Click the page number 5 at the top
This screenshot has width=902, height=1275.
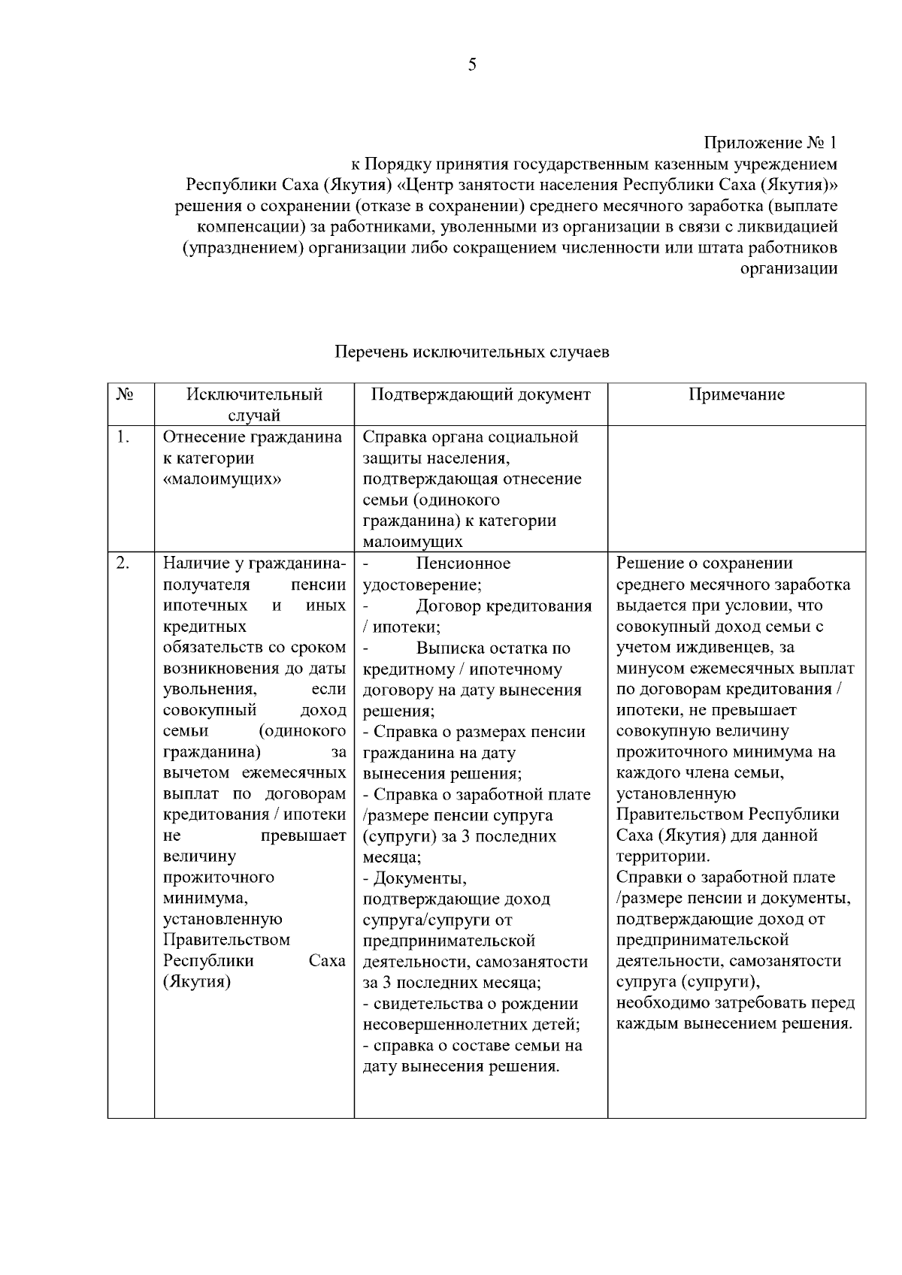472,65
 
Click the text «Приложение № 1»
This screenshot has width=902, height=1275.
770,143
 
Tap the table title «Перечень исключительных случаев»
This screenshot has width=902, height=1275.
471,352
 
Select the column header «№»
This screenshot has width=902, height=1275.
126,395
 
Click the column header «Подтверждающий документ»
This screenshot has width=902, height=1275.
481,395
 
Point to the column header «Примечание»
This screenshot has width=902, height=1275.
737,395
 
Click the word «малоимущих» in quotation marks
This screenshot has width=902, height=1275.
222,479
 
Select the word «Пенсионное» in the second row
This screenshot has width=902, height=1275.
463,563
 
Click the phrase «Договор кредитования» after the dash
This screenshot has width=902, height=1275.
504,606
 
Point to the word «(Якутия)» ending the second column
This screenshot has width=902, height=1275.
197,982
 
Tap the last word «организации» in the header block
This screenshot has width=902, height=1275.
788,268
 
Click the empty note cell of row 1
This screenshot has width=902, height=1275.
737,488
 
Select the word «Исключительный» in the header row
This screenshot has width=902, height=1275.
255,395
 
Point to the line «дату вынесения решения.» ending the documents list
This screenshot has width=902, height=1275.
461,1066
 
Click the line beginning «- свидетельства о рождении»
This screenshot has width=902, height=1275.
471,1004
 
